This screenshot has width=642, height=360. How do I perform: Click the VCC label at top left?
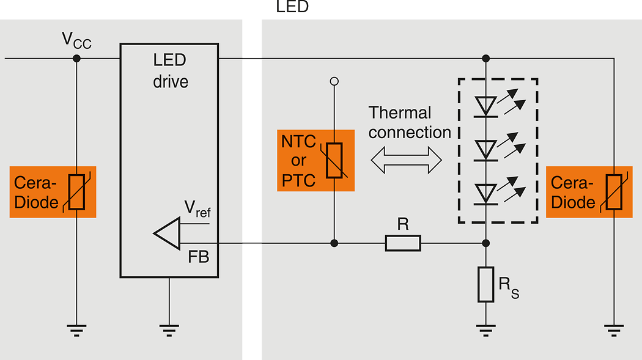click(76, 41)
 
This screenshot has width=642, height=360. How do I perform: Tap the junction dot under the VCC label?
click(76, 59)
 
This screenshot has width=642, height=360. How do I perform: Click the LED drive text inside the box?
click(170, 71)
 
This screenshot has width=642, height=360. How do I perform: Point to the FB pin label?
click(199, 257)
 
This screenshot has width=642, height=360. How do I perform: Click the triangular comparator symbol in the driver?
click(166, 233)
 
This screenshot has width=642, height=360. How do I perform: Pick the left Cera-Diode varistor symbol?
click(76, 192)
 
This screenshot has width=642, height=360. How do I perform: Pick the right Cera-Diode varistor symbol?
click(613, 192)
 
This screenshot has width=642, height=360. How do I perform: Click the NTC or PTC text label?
click(298, 161)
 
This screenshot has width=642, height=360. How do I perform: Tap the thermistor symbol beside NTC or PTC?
click(334, 161)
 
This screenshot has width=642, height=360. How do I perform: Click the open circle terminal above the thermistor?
click(334, 81)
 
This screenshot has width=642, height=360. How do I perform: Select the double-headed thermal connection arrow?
click(406, 161)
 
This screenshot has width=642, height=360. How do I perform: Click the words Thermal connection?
click(408, 123)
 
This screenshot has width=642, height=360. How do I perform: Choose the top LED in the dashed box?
click(486, 106)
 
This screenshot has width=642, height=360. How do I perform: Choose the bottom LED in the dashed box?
click(486, 193)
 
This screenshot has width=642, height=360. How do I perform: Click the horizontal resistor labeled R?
click(403, 243)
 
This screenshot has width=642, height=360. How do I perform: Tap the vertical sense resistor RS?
click(486, 284)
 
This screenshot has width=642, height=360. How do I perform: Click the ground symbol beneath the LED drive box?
click(169, 331)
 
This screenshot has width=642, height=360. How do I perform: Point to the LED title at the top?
click(293, 7)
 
